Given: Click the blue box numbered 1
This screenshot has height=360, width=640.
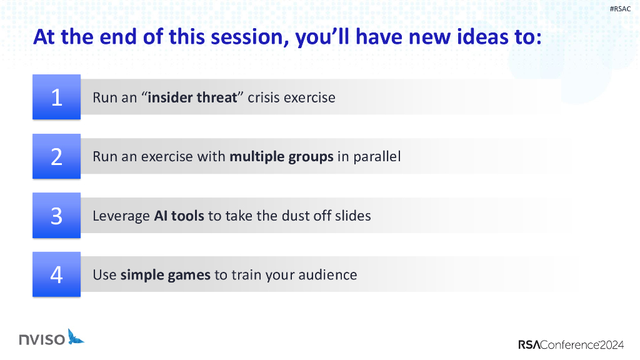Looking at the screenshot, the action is [x=56, y=97].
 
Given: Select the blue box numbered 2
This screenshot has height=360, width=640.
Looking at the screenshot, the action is [x=56, y=156].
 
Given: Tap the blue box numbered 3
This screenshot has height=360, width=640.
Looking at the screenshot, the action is [x=56, y=215].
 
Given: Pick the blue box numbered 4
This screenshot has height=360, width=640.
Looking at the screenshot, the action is [x=56, y=274].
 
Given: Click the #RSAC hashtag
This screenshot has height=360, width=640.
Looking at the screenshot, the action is [x=620, y=9].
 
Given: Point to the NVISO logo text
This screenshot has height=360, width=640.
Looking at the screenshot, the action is [x=42, y=339].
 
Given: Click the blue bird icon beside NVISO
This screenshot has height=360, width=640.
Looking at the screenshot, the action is [x=76, y=337].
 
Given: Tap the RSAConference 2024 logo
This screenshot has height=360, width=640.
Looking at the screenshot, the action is [x=571, y=344].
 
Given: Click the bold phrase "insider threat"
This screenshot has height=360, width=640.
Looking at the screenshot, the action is [x=192, y=97].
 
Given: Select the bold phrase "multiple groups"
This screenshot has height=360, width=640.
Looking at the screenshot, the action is [x=281, y=157].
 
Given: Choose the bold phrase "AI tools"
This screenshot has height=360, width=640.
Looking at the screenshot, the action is [x=179, y=216].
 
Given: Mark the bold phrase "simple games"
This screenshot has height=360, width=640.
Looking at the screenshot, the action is [x=165, y=275].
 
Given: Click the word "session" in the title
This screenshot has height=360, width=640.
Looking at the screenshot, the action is [x=247, y=37].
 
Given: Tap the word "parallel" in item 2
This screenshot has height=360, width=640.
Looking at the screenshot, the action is [x=377, y=157].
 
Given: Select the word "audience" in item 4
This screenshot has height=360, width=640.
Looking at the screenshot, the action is [x=327, y=275].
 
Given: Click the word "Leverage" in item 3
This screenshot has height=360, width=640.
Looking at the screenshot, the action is [x=121, y=216].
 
